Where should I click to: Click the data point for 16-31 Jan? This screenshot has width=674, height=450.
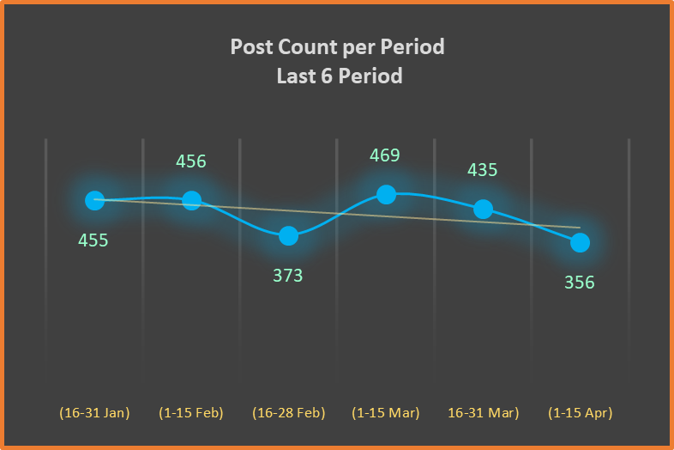[94, 200]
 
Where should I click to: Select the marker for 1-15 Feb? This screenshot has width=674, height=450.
[192, 200]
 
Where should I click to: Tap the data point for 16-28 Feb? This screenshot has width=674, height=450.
[289, 235]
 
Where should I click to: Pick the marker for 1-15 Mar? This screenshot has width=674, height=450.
[386, 194]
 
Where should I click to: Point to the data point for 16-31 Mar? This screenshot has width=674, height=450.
[483, 209]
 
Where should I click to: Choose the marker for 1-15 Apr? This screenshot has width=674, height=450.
[580, 243]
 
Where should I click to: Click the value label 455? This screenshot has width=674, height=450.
[93, 240]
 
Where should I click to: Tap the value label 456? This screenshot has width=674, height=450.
[191, 161]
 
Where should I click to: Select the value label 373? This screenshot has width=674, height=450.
[288, 276]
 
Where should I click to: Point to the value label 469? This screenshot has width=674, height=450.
[385, 155]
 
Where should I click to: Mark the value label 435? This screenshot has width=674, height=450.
[482, 170]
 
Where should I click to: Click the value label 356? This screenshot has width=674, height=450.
[580, 283]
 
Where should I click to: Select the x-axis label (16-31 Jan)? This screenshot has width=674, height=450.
[94, 413]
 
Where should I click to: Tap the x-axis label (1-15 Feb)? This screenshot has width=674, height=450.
[191, 413]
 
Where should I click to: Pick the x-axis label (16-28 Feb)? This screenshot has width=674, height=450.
[289, 413]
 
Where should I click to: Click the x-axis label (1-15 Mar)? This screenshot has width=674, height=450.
[386, 413]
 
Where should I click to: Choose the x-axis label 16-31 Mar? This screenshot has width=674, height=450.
[483, 413]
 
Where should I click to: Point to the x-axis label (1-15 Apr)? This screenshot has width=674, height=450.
[581, 413]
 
